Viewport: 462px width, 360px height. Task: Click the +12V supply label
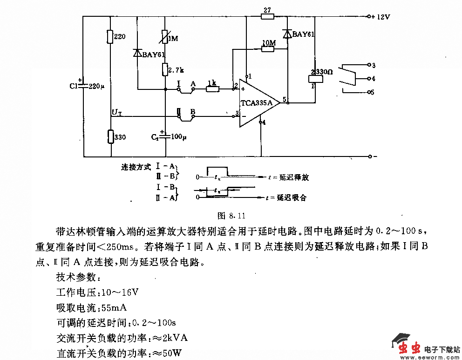(x=380, y=16)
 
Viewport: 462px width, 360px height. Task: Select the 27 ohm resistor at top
(x=267, y=17)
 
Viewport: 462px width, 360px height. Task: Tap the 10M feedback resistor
(x=267, y=48)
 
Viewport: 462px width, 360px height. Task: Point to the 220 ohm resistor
(x=110, y=37)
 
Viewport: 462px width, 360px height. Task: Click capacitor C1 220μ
(x=84, y=86)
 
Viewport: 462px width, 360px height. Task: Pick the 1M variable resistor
(x=165, y=37)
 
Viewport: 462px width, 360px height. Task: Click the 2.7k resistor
(x=165, y=70)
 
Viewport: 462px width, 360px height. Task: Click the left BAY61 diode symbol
(x=137, y=54)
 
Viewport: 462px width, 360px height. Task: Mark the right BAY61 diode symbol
(x=287, y=34)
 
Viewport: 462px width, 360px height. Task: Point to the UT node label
(x=116, y=112)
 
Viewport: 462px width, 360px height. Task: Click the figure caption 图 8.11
(x=231, y=216)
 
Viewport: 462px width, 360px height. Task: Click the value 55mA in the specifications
(x=114, y=308)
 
